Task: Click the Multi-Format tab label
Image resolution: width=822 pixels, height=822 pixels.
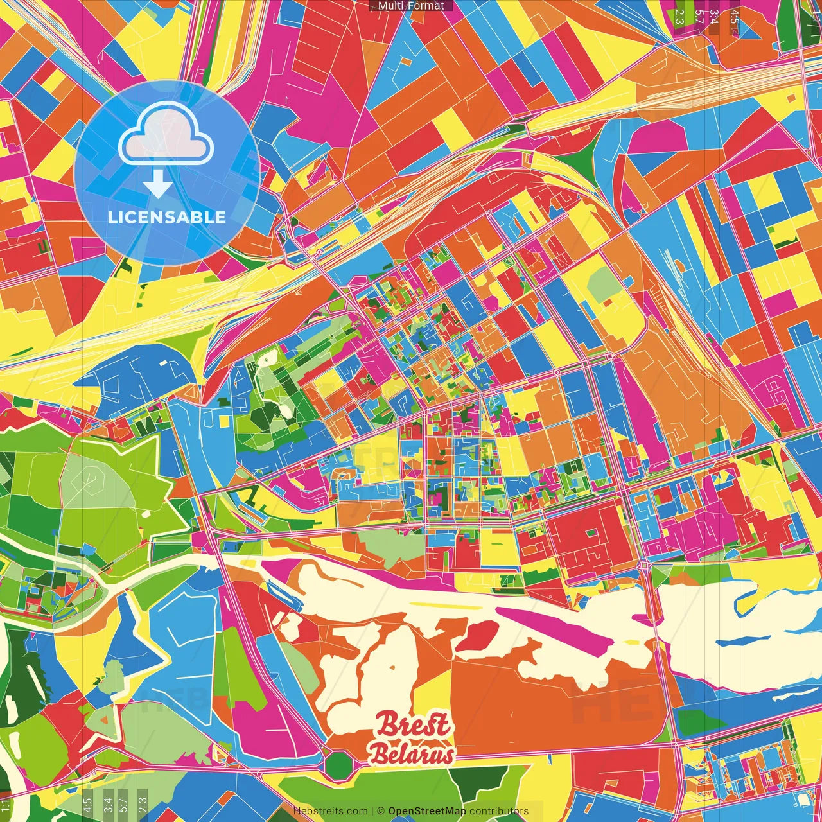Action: coord(411,6)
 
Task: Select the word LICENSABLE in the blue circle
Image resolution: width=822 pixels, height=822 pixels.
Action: coord(167,217)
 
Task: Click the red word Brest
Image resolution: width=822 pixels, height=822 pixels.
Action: coord(414,726)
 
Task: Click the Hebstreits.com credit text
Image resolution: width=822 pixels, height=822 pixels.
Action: coord(331,811)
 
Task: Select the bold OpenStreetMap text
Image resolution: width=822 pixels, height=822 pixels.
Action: coord(427,811)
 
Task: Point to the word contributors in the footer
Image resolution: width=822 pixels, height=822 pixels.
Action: coord(499,811)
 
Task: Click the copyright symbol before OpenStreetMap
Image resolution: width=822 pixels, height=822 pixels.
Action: coord(381,811)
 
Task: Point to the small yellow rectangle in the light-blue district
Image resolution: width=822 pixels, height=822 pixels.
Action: coord(225,421)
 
